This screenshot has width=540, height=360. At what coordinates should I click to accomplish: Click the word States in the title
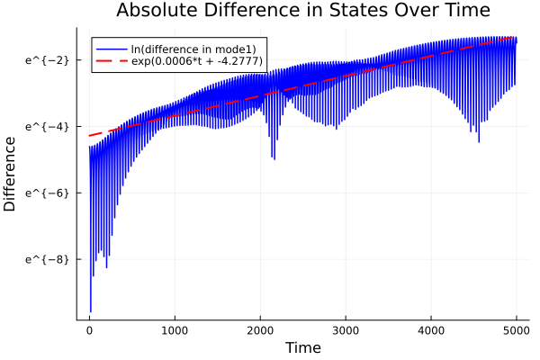coord(358,11)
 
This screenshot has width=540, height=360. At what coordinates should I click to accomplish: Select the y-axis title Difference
coord(11,174)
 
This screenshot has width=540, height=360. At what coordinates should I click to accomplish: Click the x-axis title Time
coord(302,347)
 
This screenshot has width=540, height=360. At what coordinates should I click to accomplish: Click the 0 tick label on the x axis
coord(89,329)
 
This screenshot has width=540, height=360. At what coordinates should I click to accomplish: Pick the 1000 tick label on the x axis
coord(175,329)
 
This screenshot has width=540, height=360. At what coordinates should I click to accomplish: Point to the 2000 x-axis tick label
coord(260,329)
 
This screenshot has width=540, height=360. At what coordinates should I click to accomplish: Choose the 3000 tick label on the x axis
coord(346,329)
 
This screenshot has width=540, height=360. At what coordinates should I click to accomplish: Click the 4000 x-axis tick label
coord(431,329)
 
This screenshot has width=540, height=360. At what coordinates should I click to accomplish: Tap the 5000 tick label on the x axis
coord(516,329)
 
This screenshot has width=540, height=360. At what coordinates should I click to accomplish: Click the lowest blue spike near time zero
coord(90,310)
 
